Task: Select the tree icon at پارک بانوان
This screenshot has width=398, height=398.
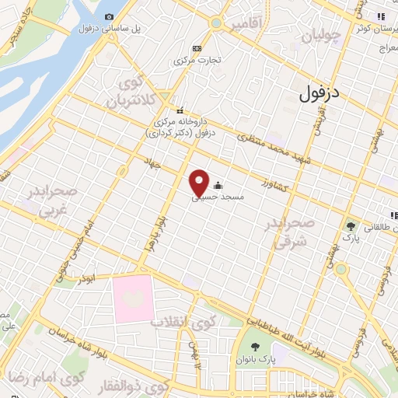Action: click(x=256, y=347)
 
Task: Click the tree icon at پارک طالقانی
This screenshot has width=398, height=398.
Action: click(x=353, y=227)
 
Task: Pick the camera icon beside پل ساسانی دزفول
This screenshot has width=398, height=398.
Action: click(x=108, y=17)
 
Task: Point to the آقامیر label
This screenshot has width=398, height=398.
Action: click(x=246, y=25)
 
